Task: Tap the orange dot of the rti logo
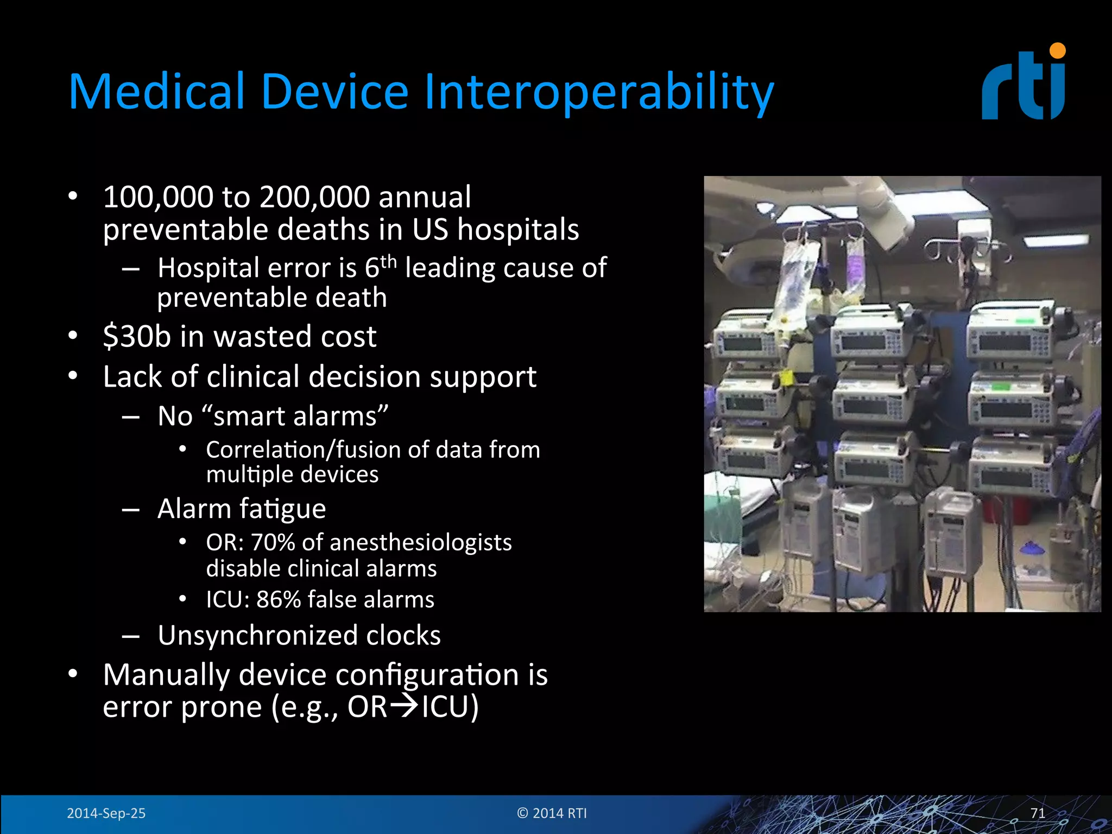[x=1057, y=50]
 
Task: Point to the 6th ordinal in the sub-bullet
[x=380, y=267]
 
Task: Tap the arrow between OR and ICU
[x=405, y=706]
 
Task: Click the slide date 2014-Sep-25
[x=106, y=813]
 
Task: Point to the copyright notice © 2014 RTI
[x=552, y=813]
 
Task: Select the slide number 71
[x=1038, y=813]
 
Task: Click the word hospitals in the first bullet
[x=518, y=229]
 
